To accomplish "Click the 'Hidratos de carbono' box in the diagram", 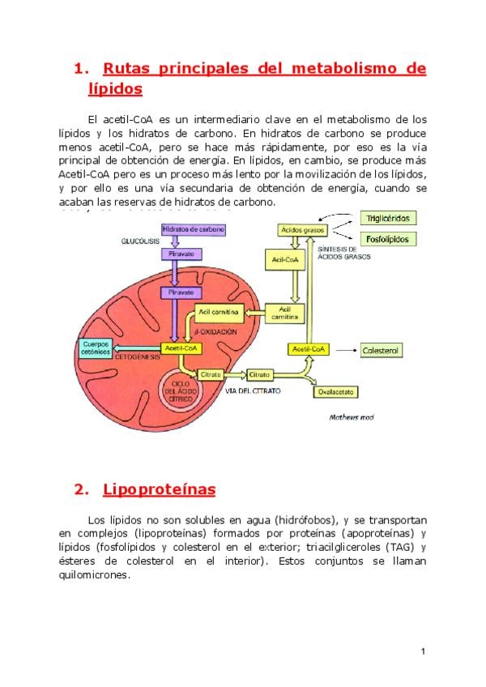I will tap(193, 229).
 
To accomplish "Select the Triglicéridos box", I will tap(388, 219).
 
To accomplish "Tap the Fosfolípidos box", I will tap(388, 239).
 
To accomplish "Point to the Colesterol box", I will tap(381, 351).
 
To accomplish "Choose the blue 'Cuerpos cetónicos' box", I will tap(96, 348).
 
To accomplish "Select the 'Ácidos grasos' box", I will tap(301, 230).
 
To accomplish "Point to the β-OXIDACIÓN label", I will tap(217, 332).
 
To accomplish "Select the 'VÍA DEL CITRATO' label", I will tap(254, 391).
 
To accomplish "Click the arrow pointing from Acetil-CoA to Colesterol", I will tap(347, 350).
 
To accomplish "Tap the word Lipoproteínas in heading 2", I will tap(160, 489).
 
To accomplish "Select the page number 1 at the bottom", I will tap(423, 651).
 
